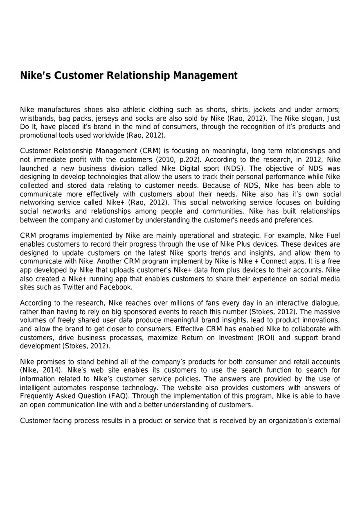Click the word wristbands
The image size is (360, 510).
coord(37,118)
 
